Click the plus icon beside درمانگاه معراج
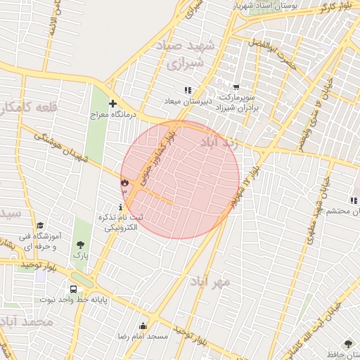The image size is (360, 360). tap(112, 103)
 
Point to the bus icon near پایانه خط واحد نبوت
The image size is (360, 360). tap(74, 289)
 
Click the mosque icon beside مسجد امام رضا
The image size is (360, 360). tap(143, 326)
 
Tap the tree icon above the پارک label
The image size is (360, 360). tap(81, 245)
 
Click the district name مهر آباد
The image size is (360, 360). tap(210, 281)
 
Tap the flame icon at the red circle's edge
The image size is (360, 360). tap(125, 183)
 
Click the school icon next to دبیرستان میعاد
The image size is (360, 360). tap(188, 90)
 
